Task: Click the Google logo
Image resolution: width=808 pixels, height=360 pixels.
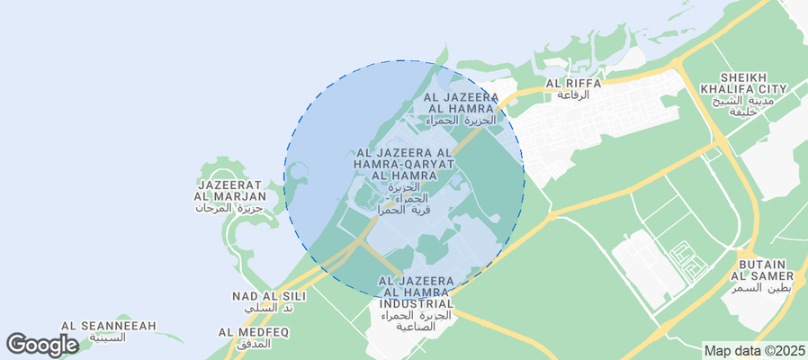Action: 42,345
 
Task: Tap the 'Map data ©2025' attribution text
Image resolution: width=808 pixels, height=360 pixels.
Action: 755,351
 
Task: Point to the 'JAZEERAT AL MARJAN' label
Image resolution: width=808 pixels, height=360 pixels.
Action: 231,190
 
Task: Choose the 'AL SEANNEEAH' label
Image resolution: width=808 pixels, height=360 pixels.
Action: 109,326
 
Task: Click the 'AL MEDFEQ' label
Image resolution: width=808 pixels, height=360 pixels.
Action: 253,332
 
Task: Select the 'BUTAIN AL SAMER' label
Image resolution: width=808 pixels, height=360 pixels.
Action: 761,268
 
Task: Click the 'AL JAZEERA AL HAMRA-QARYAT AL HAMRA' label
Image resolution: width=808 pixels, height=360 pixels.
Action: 405,164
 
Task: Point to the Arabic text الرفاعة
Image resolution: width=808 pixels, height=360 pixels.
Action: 573,94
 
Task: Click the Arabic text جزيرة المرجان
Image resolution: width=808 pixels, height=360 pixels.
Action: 231,208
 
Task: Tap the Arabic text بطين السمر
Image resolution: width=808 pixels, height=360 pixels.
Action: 761,287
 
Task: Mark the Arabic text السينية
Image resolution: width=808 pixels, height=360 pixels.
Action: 109,338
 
